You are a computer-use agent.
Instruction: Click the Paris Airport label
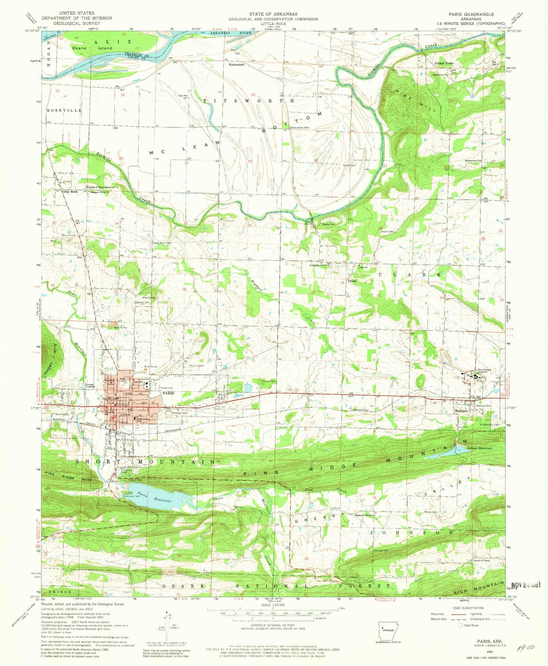coord(196,366)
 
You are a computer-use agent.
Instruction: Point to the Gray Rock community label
coord(70,192)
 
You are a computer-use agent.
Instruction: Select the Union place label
coord(352,281)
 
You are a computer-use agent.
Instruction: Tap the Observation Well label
coord(300,128)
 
